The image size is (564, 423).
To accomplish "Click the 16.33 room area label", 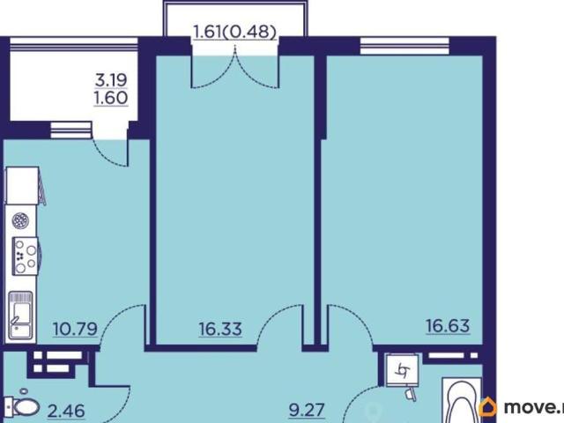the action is point(220,329).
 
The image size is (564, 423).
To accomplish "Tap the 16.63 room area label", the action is point(448,326).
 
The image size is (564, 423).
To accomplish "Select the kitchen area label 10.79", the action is point(75,329).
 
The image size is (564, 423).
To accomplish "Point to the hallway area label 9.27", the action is point(307,410).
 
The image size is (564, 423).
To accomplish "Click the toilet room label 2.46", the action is point(66,411).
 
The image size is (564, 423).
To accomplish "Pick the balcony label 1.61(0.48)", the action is point(235,32).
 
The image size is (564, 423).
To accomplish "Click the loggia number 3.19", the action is point(111,80).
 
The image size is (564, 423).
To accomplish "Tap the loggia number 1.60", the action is point(111,98).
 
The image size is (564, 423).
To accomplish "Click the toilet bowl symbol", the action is point(24,404).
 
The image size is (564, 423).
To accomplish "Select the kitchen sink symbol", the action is point(21,315).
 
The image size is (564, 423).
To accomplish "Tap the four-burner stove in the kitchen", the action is point(26,256).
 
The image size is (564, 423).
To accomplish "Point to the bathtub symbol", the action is point(462,400).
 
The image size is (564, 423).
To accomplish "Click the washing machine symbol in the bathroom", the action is point(402,370).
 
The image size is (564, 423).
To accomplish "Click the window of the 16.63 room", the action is point(404,46).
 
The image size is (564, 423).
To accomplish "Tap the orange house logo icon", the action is point(488,407).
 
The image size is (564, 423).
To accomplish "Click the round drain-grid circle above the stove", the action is point(20,220).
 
